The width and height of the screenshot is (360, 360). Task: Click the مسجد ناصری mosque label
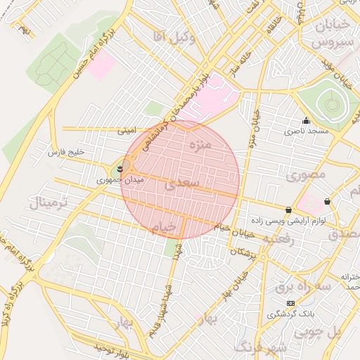[304, 131]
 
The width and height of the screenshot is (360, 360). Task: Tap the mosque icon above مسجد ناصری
[305, 120]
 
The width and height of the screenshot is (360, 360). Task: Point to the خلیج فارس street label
[65, 152]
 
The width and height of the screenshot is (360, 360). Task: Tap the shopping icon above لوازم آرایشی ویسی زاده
[289, 210]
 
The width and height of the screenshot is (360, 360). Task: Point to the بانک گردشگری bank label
[290, 313]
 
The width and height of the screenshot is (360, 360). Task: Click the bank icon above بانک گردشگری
[290, 302]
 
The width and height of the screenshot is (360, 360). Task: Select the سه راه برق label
[302, 286]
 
